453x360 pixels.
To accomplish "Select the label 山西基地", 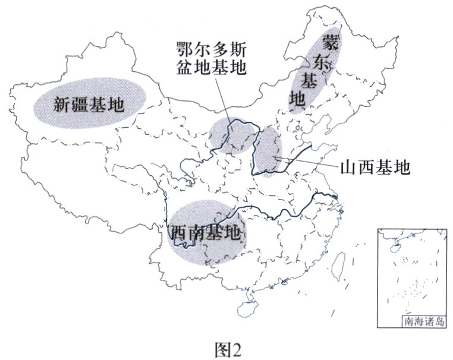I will (375, 167).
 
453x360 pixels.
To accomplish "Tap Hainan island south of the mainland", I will (247, 310).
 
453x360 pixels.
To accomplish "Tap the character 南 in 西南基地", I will (197, 233).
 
